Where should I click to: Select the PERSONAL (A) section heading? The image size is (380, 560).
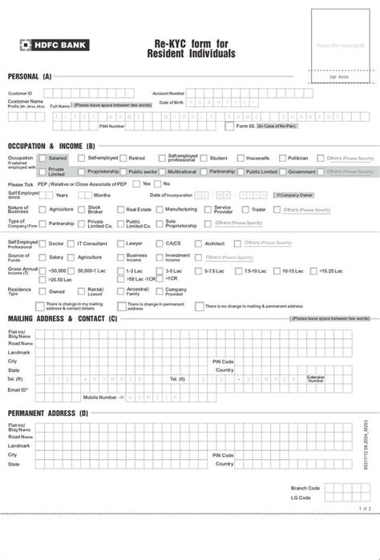30,76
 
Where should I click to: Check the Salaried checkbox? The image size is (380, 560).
42,159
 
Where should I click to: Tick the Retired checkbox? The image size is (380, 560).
122,159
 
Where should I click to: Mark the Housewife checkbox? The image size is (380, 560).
240,159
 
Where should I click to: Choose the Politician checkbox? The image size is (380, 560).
280,159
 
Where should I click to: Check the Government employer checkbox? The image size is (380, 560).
282,171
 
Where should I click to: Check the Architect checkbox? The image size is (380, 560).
198,243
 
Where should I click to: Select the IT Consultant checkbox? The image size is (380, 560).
71,243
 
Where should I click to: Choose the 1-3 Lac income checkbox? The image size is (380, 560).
120,271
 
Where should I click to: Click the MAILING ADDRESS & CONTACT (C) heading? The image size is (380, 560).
63,319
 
